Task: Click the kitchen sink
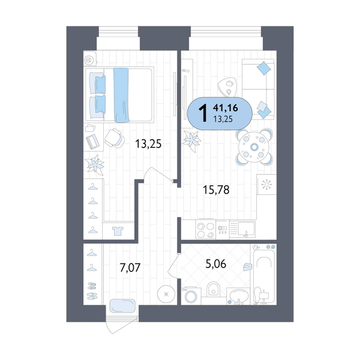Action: tap(246, 229)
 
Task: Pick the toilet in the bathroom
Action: tap(212, 290)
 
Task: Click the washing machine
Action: tap(192, 295)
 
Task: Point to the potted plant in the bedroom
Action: tap(95, 164)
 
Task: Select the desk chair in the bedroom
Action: tap(114, 138)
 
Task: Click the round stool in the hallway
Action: tap(166, 294)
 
